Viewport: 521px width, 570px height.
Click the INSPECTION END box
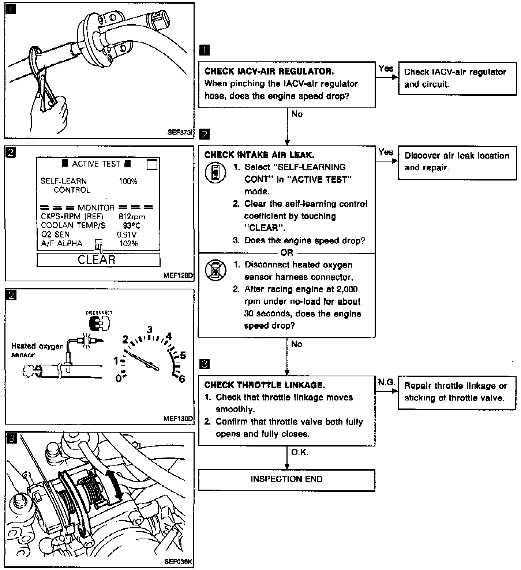pos(286,479)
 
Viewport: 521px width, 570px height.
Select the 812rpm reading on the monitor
pos(132,217)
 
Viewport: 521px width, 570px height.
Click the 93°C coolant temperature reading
pos(131,226)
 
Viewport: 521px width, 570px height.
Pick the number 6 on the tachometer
pos(182,379)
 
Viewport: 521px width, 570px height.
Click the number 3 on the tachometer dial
pos(150,330)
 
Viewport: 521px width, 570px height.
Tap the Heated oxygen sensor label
pos(37,350)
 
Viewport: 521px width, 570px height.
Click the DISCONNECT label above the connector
pos(99,313)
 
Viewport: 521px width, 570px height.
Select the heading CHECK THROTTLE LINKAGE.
pos(265,385)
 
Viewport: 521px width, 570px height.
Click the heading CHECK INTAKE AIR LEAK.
pos(259,155)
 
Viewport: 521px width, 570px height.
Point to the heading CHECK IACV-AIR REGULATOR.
pos(269,71)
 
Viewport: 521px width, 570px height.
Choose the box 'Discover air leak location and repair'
pos(457,161)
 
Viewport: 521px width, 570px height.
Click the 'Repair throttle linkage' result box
pos(457,392)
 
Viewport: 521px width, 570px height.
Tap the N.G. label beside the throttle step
pos(386,382)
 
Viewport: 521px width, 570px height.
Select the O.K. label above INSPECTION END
pos(300,453)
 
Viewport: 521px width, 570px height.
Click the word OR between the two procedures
pos(287,252)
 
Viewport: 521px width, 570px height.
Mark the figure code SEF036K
pos(178,562)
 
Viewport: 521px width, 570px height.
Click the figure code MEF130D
pos(178,419)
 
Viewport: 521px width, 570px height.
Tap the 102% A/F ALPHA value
pos(128,244)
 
